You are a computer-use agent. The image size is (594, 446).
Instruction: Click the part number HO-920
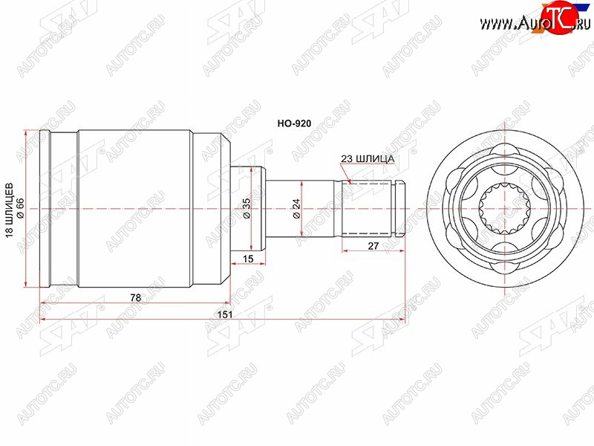[x=294, y=123]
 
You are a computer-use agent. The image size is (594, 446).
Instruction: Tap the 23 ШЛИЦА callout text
[x=368, y=159]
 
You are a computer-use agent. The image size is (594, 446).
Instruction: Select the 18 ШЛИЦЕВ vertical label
[x=10, y=210]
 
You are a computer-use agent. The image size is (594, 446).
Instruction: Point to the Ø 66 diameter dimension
[x=21, y=208]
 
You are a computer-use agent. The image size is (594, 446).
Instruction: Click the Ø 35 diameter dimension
[x=247, y=208]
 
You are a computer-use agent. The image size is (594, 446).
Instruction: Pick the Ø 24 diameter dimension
[x=296, y=208]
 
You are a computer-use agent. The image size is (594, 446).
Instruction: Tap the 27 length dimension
[x=373, y=246]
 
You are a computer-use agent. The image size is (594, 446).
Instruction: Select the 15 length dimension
[x=248, y=259]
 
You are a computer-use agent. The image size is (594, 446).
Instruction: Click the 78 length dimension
[x=135, y=298]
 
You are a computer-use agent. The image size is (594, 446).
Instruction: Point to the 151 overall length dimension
[x=224, y=314]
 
